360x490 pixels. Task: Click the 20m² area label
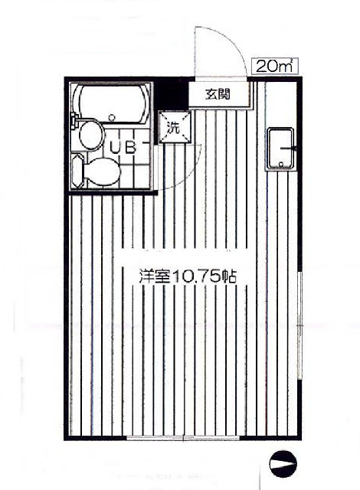273,67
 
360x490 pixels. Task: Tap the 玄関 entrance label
218,93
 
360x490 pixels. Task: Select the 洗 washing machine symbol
174,127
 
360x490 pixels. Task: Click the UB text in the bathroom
123,148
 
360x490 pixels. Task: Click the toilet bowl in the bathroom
103,171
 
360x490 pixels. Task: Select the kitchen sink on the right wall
280,149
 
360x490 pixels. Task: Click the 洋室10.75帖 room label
188,276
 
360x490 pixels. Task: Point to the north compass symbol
283,464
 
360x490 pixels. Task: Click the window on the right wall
300,325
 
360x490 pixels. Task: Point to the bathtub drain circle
110,118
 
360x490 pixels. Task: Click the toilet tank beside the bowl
77,171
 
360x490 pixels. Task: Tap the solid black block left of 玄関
172,93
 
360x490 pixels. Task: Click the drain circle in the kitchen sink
280,164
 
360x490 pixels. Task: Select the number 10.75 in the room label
195,277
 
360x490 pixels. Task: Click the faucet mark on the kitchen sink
290,149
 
